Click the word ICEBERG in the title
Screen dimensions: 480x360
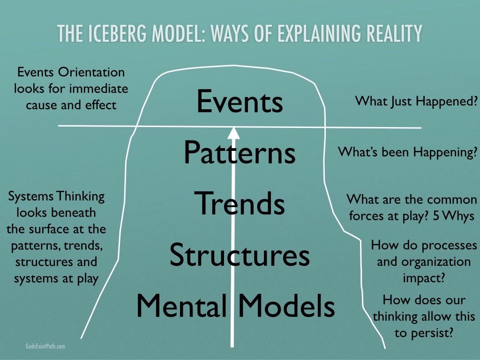(x=117, y=33)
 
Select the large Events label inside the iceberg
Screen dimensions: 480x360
(x=240, y=101)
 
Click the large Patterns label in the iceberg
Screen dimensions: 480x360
(x=240, y=152)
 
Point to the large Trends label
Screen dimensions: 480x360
(x=240, y=203)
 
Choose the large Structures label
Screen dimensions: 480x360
(x=240, y=255)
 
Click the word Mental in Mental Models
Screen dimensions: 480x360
(x=181, y=306)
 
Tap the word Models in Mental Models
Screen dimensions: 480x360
(x=287, y=306)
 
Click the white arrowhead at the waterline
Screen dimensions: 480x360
(x=233, y=134)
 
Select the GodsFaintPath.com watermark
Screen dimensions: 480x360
(x=45, y=346)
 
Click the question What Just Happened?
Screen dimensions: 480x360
(x=416, y=101)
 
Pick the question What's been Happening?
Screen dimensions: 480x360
(x=408, y=152)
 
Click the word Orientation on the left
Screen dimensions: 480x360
(x=91, y=72)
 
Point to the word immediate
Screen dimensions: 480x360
(x=99, y=89)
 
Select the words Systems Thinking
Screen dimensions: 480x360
(x=56, y=196)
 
